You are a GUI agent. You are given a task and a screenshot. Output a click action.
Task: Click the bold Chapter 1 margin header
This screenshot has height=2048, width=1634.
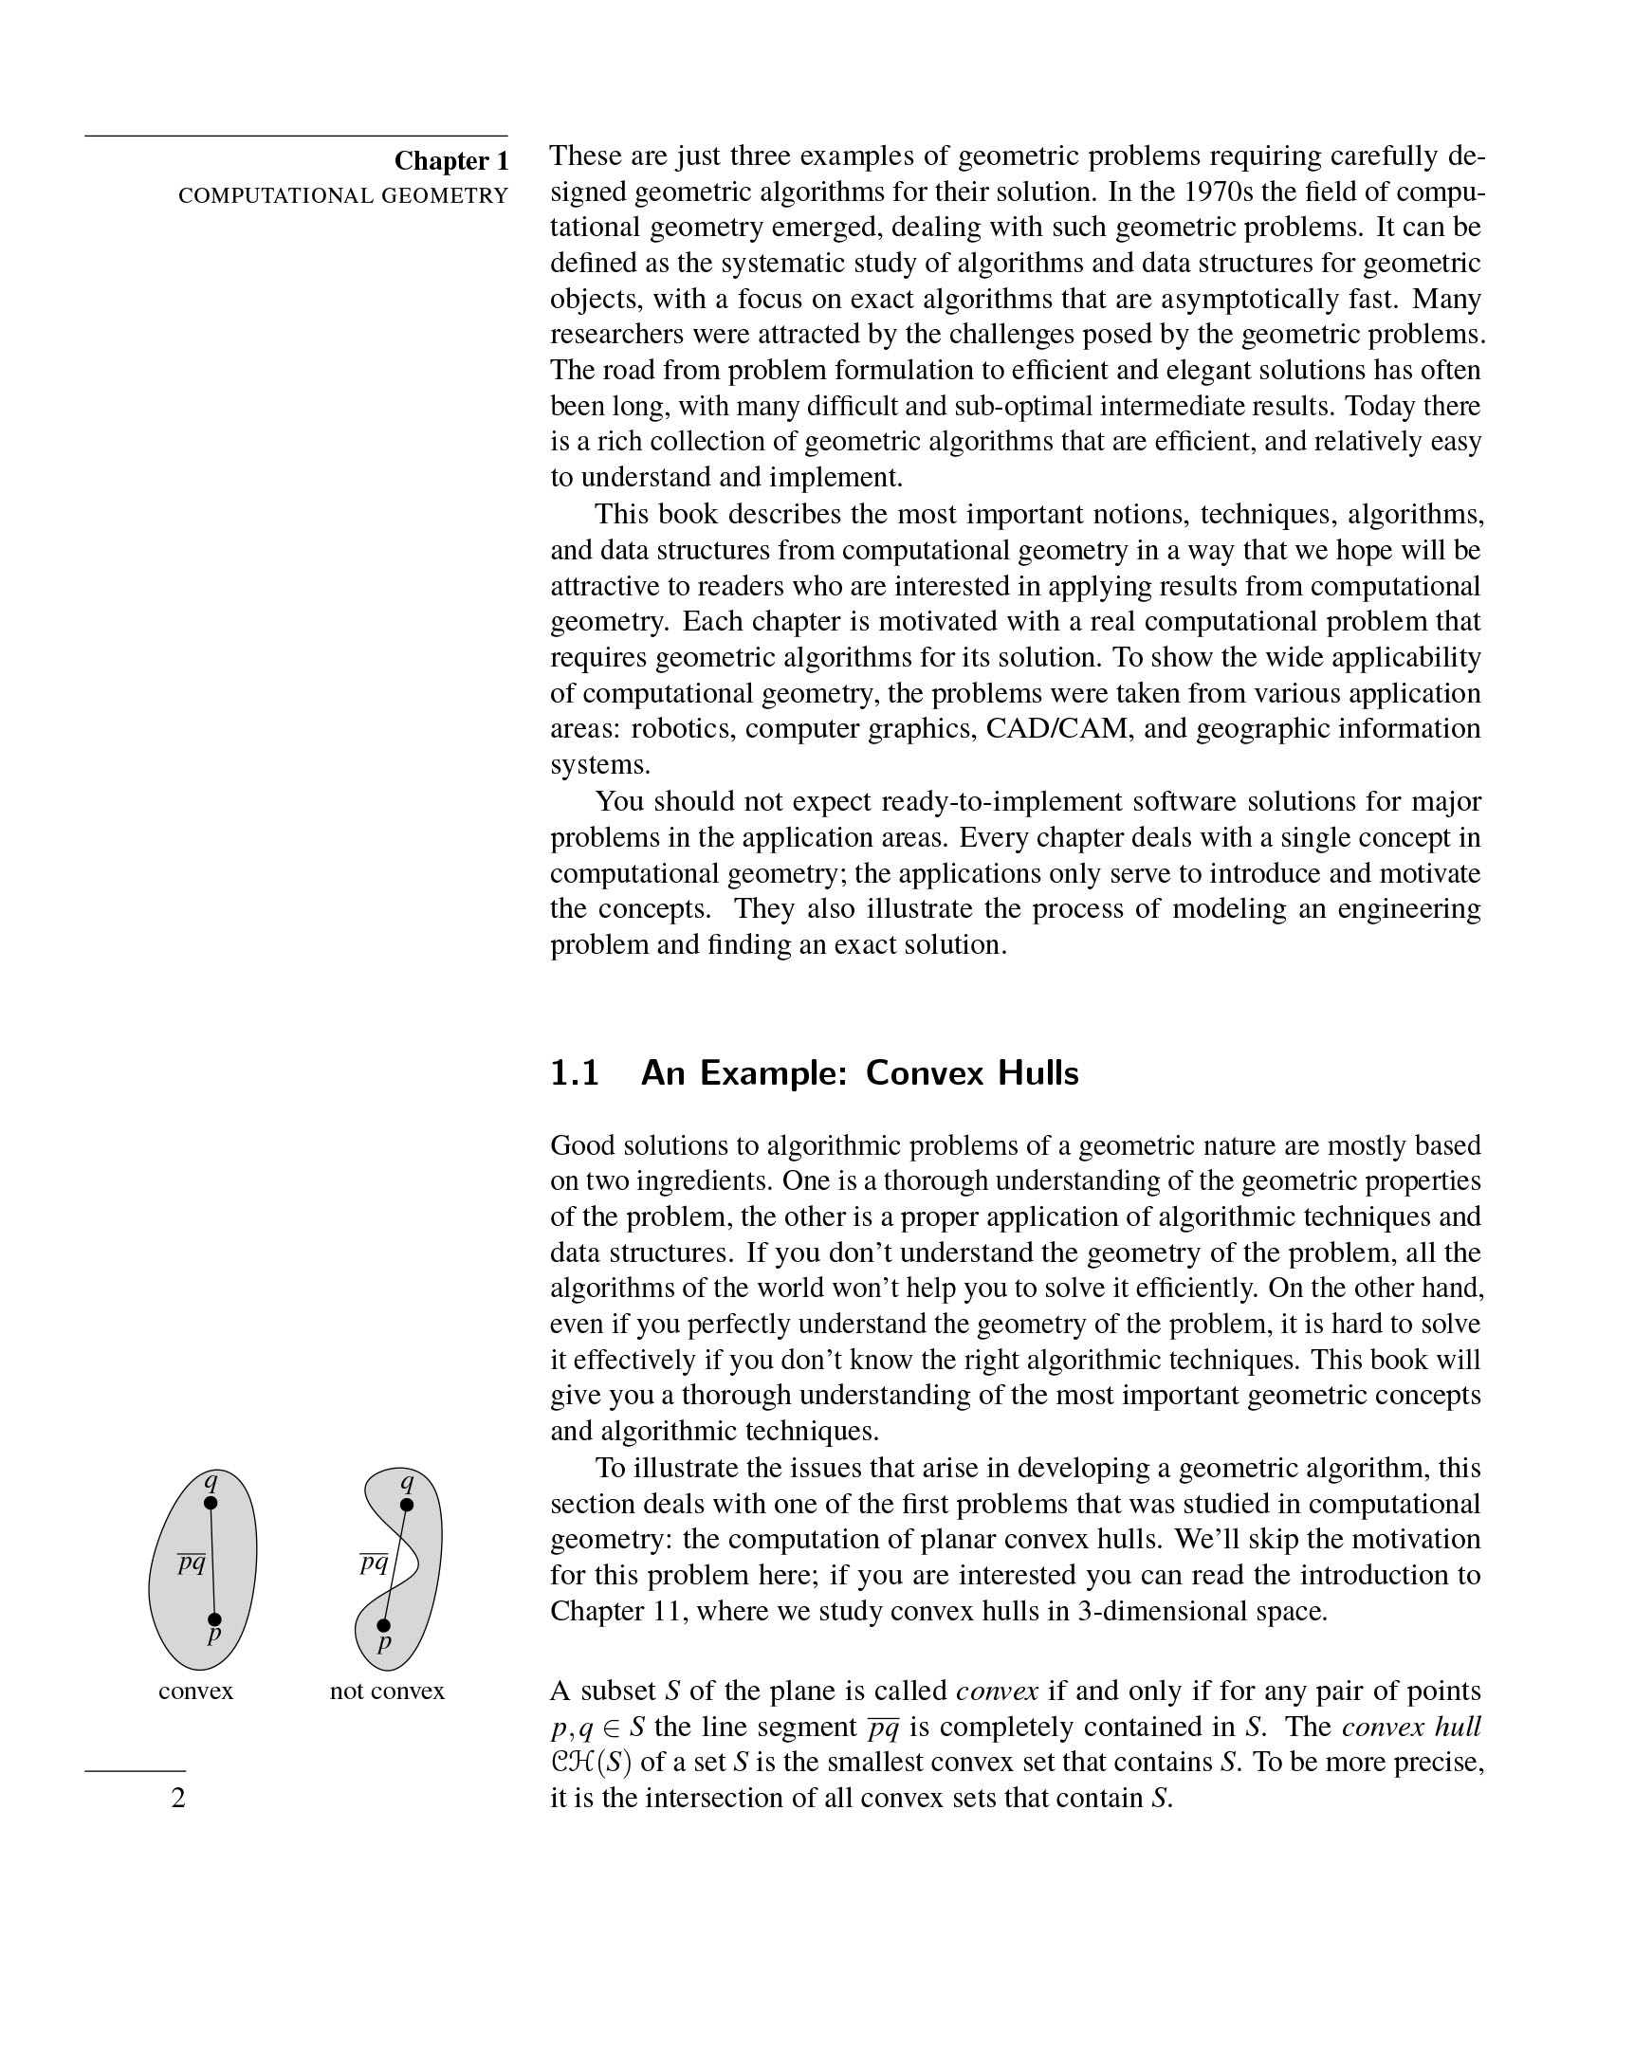point(451,160)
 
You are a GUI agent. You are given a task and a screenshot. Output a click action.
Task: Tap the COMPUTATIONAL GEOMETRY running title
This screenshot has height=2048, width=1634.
point(343,196)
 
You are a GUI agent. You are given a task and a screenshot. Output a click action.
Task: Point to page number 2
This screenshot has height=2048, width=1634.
point(178,1799)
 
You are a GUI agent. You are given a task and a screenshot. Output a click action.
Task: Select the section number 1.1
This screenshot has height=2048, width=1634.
point(575,1073)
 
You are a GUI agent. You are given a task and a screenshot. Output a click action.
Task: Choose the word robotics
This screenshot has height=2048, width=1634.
point(684,728)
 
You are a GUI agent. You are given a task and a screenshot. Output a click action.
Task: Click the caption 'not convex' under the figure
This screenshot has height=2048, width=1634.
point(387,1691)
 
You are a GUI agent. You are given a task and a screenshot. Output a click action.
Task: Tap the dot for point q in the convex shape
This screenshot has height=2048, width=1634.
point(211,1503)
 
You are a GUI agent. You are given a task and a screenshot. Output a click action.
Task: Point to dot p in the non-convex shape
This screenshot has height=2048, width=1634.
point(384,1625)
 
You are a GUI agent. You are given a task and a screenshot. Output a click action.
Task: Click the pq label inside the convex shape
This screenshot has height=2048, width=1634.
point(192,1563)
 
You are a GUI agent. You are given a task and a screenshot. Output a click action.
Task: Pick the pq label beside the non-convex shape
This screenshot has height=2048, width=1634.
point(374,1563)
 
